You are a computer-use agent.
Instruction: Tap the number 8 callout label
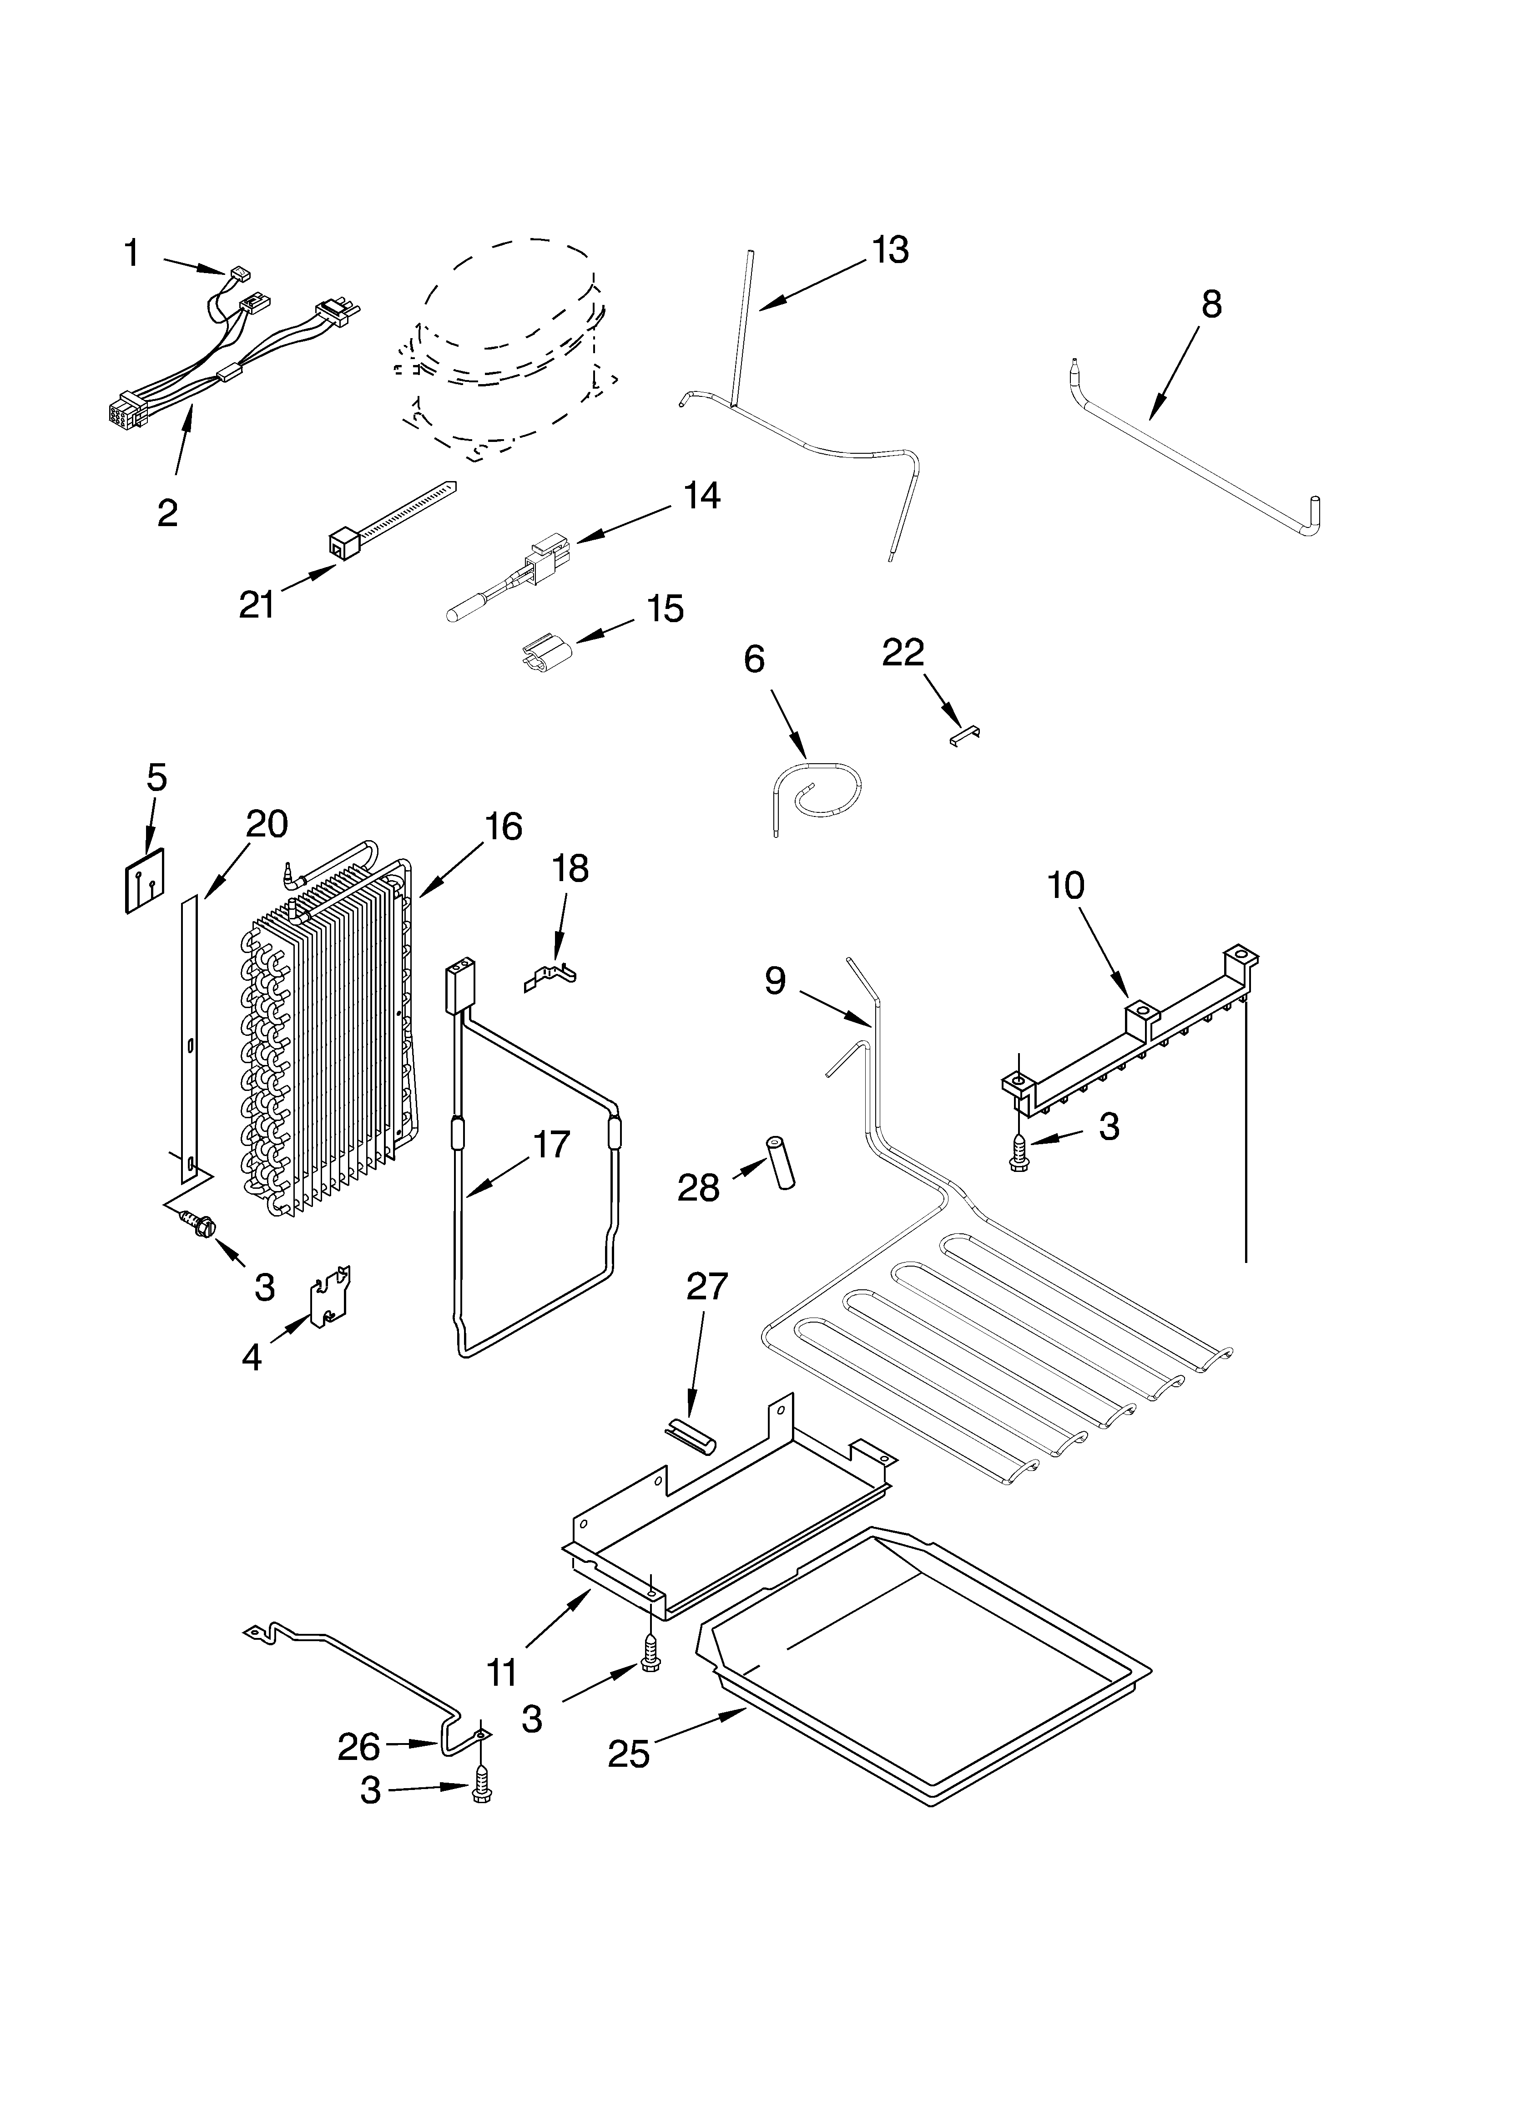[1211, 304]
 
